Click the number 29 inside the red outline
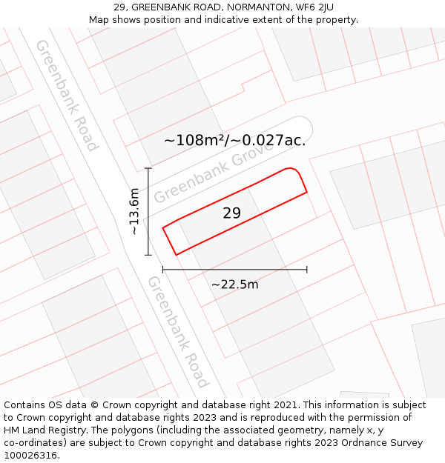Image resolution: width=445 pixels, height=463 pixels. pos(231,213)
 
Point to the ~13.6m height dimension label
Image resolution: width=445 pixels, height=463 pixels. pos(134,211)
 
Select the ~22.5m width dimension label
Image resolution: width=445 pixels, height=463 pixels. pos(234,284)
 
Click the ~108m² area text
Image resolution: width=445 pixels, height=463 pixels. pos(195,140)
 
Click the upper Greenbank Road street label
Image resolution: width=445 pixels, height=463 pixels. pos(67,95)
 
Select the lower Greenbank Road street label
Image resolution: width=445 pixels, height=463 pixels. pos(177,331)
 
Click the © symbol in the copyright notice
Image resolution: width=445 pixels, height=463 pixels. pos(95,405)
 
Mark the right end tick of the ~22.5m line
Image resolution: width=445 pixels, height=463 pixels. pos(306,270)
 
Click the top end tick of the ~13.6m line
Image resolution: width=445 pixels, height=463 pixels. pos(148,168)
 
